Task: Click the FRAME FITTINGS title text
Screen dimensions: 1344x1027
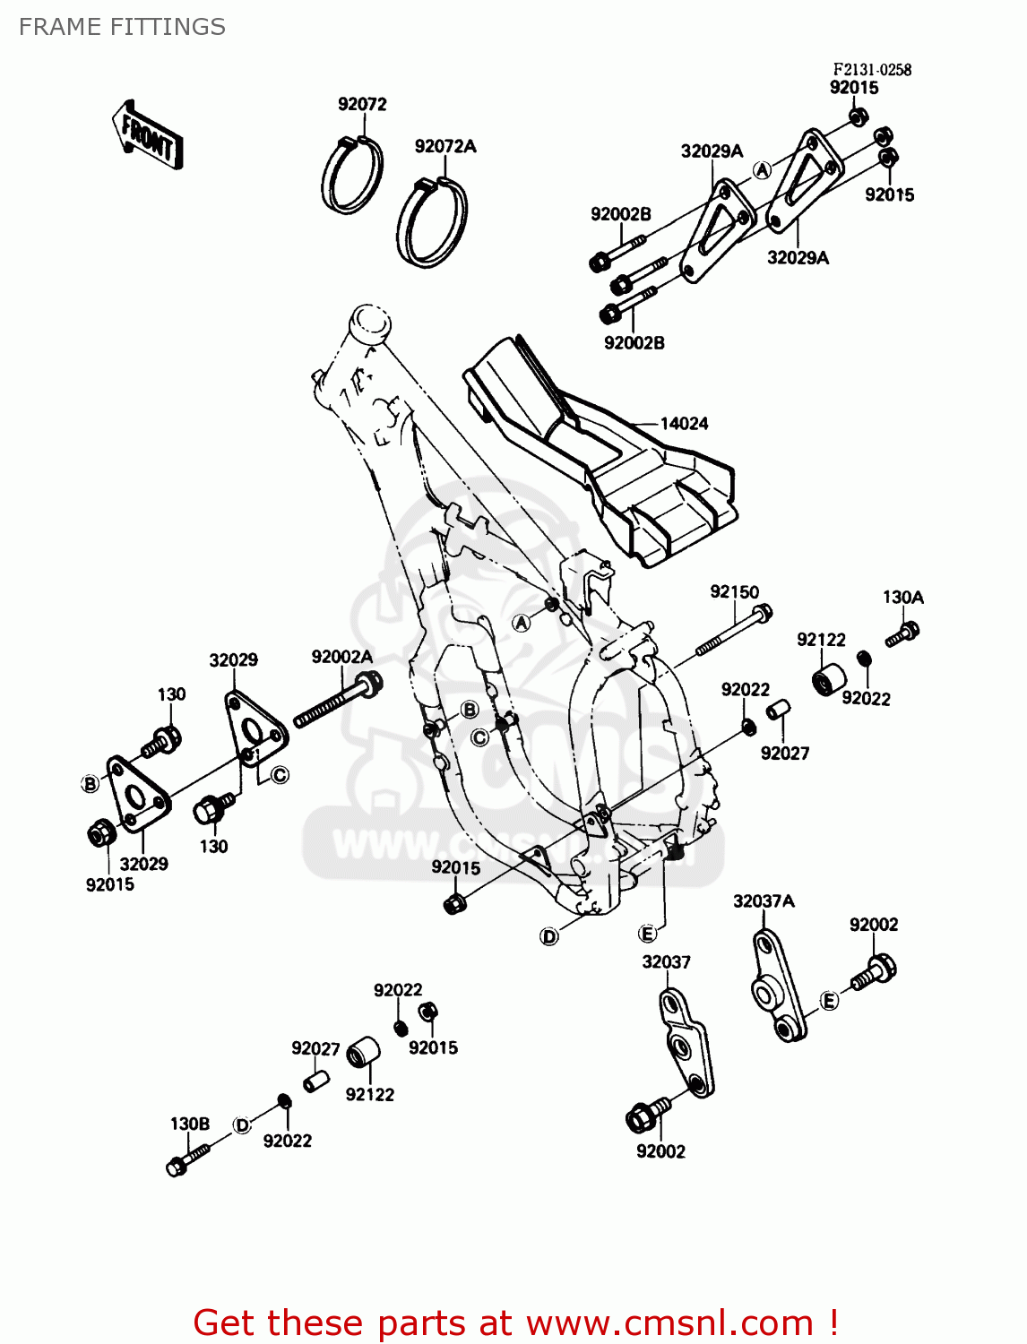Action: pos(122,27)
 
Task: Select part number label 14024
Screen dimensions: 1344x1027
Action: pos(684,424)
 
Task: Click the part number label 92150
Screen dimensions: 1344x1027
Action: pos(734,592)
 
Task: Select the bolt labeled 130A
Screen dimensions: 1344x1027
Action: pos(902,634)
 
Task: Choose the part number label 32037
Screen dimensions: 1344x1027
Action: pos(666,962)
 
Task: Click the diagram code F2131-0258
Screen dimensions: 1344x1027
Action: pos(872,70)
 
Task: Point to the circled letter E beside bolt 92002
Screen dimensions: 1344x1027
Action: pos(830,1001)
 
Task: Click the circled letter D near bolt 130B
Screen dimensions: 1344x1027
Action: pos(242,1125)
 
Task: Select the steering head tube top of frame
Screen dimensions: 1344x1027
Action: pos(369,321)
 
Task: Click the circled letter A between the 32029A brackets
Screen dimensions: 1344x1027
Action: pos(762,170)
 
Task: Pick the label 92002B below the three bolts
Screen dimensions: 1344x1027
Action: pos(634,343)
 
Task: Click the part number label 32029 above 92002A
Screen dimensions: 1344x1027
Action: pos(233,660)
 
